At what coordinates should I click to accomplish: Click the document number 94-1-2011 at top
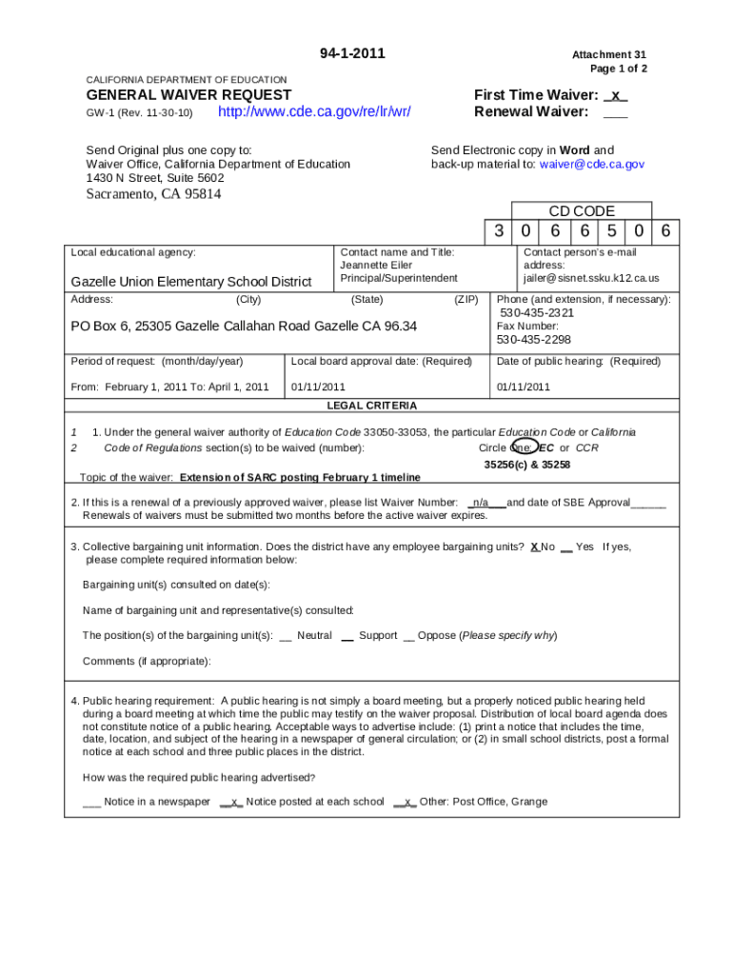[x=352, y=53]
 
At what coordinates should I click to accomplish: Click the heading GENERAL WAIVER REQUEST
[x=188, y=95]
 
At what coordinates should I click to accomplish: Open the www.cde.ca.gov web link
[x=314, y=112]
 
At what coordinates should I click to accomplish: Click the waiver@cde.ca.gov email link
[x=591, y=165]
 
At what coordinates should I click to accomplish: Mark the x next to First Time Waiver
[x=616, y=95]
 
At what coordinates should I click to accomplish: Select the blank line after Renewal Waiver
[x=615, y=112]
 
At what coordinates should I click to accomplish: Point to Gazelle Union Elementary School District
[x=190, y=282]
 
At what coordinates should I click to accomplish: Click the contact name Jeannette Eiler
[x=376, y=266]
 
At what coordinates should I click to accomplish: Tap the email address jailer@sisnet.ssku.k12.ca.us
[x=590, y=279]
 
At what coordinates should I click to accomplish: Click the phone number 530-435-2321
[x=537, y=313]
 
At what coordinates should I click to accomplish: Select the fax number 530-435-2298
[x=533, y=340]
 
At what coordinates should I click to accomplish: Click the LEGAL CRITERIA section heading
[x=371, y=406]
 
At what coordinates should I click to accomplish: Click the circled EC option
[x=545, y=448]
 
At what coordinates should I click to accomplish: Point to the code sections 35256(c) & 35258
[x=526, y=465]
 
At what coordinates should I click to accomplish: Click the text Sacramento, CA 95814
[x=153, y=194]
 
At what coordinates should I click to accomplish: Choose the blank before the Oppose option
[x=408, y=636]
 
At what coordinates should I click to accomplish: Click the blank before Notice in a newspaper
[x=91, y=802]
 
